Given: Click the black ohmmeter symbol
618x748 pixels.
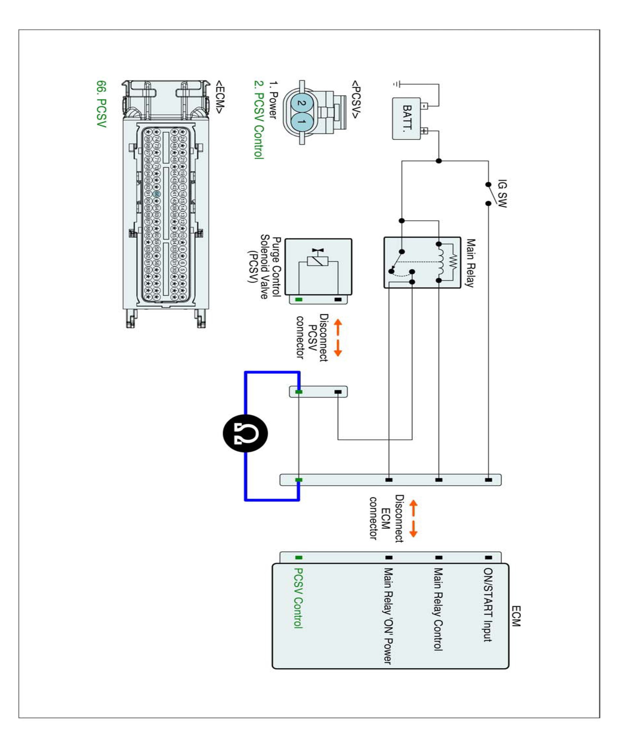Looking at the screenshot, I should [x=245, y=433].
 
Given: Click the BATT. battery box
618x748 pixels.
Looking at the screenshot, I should [x=407, y=119].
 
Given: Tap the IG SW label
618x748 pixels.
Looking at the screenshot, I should [x=502, y=193].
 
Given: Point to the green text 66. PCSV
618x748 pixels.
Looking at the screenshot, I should [x=101, y=104].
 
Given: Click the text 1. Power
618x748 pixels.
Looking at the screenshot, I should [x=273, y=100].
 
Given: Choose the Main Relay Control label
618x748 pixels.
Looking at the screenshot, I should [x=438, y=609].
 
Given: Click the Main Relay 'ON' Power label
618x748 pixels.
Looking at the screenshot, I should [x=388, y=616].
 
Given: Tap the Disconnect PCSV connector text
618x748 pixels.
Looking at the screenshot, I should [x=312, y=337].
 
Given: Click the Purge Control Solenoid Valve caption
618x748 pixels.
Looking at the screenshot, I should [x=265, y=266].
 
